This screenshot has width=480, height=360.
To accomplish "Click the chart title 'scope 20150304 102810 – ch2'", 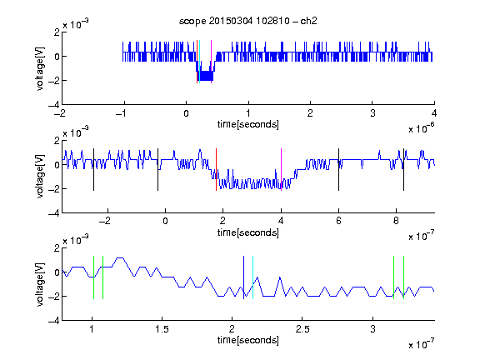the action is click(248, 21).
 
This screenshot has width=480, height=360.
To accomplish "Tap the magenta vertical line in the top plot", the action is click(211, 62).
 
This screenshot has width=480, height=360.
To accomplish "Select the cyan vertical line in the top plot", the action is click(200, 62).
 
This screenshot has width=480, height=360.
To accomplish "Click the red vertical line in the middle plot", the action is click(216, 170).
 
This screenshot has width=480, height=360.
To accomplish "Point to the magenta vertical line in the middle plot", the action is click(282, 170).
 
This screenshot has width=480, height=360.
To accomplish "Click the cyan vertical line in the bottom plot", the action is click(252, 277).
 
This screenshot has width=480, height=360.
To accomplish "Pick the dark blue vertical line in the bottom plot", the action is click(243, 277).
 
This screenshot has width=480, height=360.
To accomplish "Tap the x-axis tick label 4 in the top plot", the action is click(434, 113).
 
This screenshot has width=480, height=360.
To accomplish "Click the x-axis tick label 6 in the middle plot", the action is click(338, 221).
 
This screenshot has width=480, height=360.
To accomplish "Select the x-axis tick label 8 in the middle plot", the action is click(396, 221).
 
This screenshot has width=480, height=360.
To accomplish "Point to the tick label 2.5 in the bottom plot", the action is click(302, 329).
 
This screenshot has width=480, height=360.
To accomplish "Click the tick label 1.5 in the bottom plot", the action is click(162, 329).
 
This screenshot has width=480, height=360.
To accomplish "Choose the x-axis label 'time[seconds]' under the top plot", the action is click(248, 124).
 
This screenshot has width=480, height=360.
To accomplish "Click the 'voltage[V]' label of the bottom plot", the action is click(40, 284).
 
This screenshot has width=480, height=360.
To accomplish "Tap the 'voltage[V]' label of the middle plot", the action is click(40, 177).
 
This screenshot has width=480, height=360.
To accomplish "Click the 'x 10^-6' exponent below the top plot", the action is click(422, 128).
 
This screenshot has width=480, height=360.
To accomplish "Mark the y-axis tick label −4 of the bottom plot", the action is click(54, 321).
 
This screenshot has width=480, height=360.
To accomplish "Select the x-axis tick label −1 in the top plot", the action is click(121, 113).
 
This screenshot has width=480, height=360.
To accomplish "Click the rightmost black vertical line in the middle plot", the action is click(403, 170).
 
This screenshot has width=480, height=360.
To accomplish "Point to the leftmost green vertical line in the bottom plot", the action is click(93, 277).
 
